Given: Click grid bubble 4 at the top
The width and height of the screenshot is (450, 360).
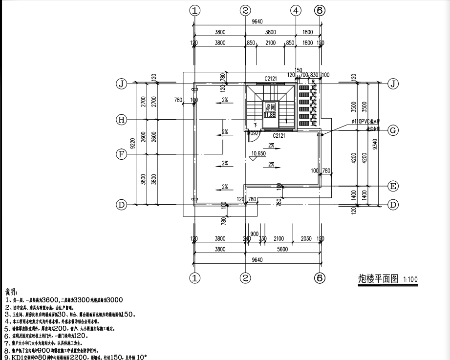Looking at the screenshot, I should (296, 10).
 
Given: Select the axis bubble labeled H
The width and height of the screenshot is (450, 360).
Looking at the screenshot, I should (122, 119).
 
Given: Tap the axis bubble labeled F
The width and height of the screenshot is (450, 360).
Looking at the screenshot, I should (122, 154).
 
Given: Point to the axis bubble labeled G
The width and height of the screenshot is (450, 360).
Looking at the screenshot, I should (392, 130).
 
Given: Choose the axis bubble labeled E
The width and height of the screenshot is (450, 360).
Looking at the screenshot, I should (392, 186).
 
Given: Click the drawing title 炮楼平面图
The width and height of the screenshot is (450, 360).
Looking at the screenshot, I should (375, 279).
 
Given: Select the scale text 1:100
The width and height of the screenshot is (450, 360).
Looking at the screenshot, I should (411, 280).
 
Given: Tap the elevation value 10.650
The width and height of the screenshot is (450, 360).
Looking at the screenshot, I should (258, 153).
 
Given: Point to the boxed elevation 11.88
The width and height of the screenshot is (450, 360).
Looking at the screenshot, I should (270, 114).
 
